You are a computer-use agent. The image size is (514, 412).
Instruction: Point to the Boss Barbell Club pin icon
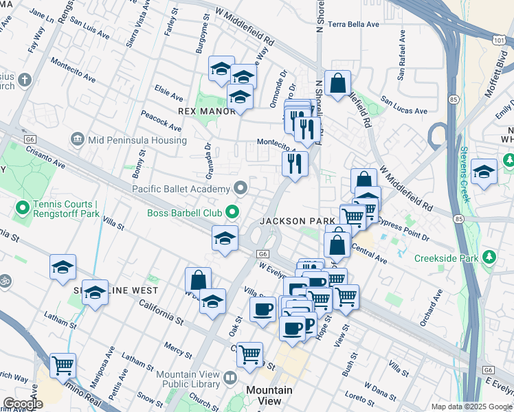[234, 212]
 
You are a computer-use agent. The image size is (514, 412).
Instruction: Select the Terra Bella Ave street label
[354, 24]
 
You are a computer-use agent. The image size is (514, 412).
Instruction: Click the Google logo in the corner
[23, 404]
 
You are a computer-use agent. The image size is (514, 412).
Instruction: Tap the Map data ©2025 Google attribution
[471, 407]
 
